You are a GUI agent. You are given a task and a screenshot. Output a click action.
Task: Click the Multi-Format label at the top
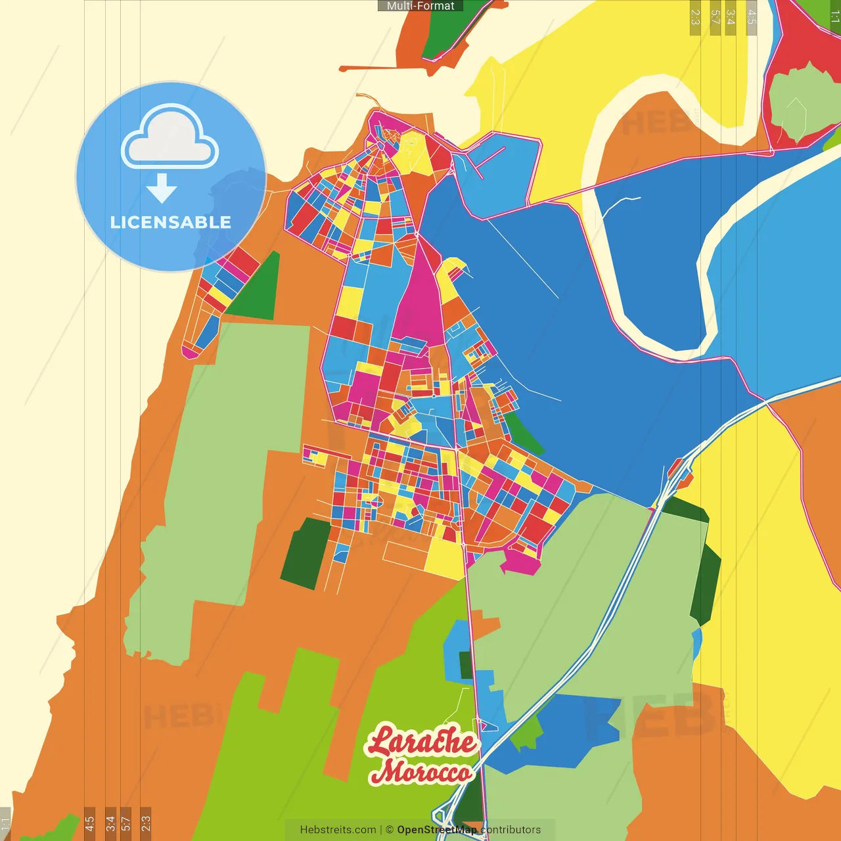point(420,6)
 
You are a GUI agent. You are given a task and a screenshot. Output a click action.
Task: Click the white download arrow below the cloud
point(162,189)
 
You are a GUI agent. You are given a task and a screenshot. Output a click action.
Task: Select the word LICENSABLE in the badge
point(170,223)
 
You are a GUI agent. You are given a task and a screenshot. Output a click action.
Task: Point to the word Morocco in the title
point(420,771)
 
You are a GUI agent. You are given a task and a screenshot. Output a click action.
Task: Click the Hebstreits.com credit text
point(338,830)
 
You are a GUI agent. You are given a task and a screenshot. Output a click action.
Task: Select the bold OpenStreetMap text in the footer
point(437,830)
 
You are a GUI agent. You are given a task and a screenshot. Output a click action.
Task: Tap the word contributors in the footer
point(511,830)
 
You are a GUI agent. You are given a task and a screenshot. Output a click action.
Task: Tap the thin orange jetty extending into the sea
point(368,68)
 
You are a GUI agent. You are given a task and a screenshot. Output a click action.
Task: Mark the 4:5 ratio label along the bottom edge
point(89,823)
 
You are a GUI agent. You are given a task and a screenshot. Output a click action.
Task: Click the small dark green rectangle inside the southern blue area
point(466,665)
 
